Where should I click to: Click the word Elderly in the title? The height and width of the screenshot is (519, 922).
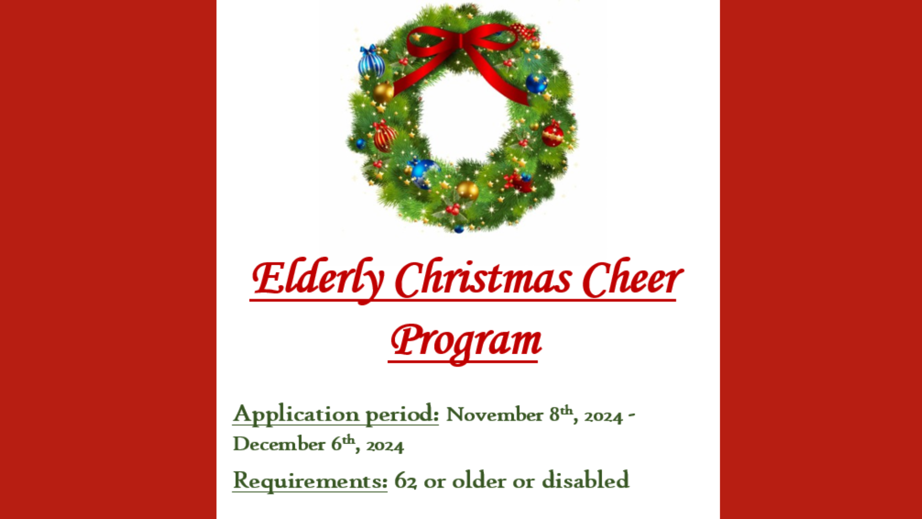318,280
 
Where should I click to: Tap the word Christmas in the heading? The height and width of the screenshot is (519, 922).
483,279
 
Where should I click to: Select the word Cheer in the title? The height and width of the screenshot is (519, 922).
632,279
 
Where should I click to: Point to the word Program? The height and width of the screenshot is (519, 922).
466,342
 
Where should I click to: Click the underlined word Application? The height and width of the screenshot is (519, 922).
296,414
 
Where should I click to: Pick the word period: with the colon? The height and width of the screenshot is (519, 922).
402,414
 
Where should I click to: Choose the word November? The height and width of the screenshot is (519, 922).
495,415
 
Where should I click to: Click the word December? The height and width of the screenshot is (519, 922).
279,444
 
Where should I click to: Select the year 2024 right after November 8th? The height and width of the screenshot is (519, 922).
603,416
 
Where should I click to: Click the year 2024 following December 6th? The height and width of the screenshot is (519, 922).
385,445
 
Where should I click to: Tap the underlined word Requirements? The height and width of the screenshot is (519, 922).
310,481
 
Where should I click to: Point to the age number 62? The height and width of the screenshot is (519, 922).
405,481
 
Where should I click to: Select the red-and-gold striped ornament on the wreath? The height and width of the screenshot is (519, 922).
385,136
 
